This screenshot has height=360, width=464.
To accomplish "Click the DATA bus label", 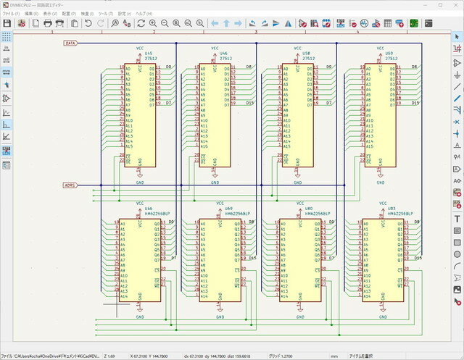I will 70,43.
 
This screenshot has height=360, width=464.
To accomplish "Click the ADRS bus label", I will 70,185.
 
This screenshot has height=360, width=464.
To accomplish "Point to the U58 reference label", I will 307,53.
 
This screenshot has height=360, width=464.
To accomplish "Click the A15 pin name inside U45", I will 128,146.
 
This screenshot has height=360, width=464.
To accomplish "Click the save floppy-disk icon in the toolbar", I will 7,24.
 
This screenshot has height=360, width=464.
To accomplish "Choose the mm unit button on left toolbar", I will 7,72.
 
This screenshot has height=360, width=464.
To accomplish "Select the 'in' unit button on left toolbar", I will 7,47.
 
